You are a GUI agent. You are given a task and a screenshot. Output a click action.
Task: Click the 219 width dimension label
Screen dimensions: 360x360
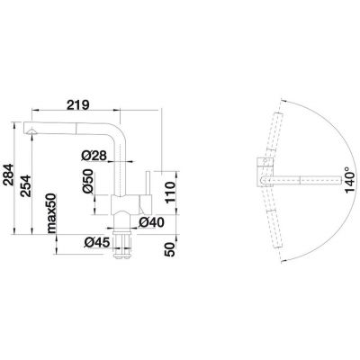[x=77, y=105]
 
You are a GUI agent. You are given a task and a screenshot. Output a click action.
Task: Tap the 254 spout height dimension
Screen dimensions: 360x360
[x=26, y=185]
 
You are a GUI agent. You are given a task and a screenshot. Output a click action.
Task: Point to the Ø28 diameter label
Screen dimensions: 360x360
[x=94, y=156]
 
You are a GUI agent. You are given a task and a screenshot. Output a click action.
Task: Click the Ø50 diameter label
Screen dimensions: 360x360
[x=87, y=181]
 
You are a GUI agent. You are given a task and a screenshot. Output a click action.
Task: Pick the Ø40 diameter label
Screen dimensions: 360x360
[x=151, y=222]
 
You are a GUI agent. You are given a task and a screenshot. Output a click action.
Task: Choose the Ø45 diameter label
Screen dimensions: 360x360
[x=96, y=242]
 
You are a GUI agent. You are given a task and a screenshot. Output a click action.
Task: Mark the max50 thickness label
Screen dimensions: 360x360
[x=51, y=213]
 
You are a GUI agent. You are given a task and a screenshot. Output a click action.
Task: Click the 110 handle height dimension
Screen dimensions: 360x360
[x=170, y=193]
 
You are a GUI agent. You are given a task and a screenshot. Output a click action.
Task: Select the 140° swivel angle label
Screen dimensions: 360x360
[x=349, y=180]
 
